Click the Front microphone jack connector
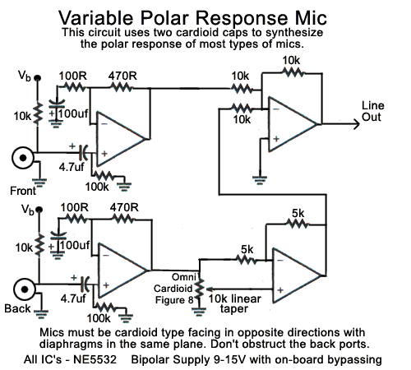coord(23,158)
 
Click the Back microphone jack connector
coord(25,289)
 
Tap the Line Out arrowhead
coord(356,124)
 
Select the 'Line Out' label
coord(372,111)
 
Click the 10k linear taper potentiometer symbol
coord(200,289)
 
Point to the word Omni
coord(184,277)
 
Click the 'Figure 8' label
coord(174,300)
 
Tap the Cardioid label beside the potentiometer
coord(173,289)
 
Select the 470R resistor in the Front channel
coord(122,88)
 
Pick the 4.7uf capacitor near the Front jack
coord(83,153)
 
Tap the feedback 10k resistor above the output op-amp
coord(293,73)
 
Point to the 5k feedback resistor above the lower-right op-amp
coord(298,224)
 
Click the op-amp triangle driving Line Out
coord(293,124)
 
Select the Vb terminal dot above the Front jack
coord(38,78)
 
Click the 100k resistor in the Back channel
coord(104,307)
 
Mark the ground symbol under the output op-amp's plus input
coord(260,180)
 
